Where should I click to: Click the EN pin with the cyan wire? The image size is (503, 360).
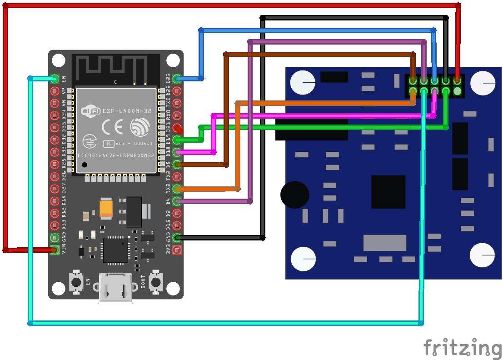pyautogui.click(x=55, y=79)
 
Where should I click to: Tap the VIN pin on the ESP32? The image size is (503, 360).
pyautogui.click(x=55, y=250)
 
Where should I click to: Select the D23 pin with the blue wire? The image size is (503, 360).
pyautogui.click(x=177, y=79)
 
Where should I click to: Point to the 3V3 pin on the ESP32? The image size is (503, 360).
pyautogui.click(x=177, y=250)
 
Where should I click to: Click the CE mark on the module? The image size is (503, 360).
pyautogui.click(x=112, y=126)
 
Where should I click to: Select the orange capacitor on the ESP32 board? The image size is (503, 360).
pyautogui.click(x=106, y=209)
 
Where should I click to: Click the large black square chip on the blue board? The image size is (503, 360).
pyautogui.click(x=388, y=192)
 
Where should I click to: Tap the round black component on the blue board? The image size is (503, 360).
pyautogui.click(x=294, y=195)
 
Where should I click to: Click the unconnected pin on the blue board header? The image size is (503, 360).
pyautogui.click(x=457, y=91)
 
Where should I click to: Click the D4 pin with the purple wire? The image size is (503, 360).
pyautogui.click(x=177, y=201)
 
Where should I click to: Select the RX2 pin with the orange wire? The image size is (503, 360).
pyautogui.click(x=177, y=189)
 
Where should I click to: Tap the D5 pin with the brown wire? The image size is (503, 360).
pyautogui.click(x=177, y=164)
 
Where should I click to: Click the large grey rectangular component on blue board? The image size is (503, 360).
pyautogui.click(x=384, y=243)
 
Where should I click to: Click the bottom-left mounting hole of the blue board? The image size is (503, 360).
pyautogui.click(x=303, y=259)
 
